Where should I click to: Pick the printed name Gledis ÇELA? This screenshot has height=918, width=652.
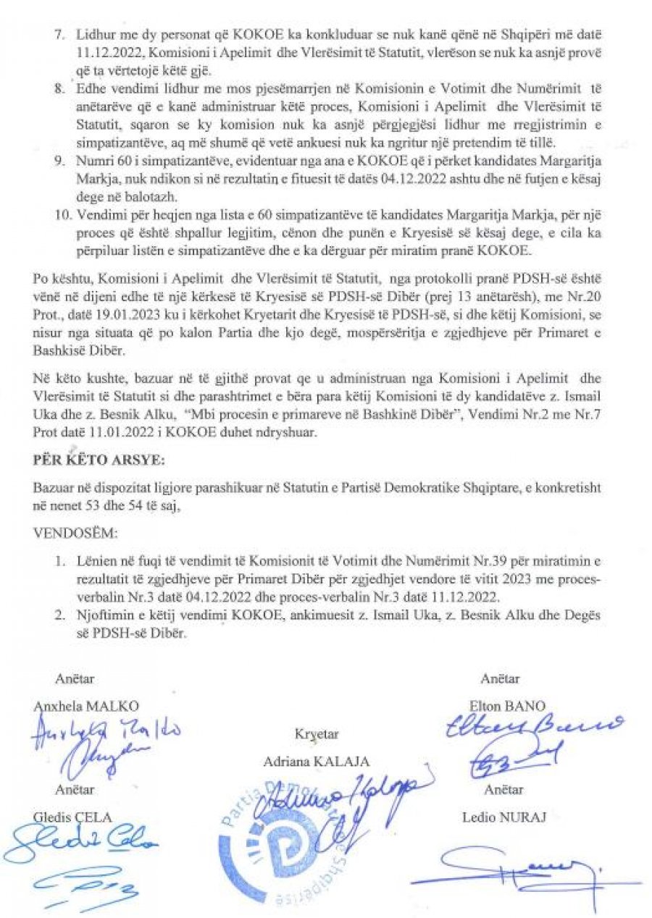pos(73,818)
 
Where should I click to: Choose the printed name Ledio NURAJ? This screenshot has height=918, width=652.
pos(503,819)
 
